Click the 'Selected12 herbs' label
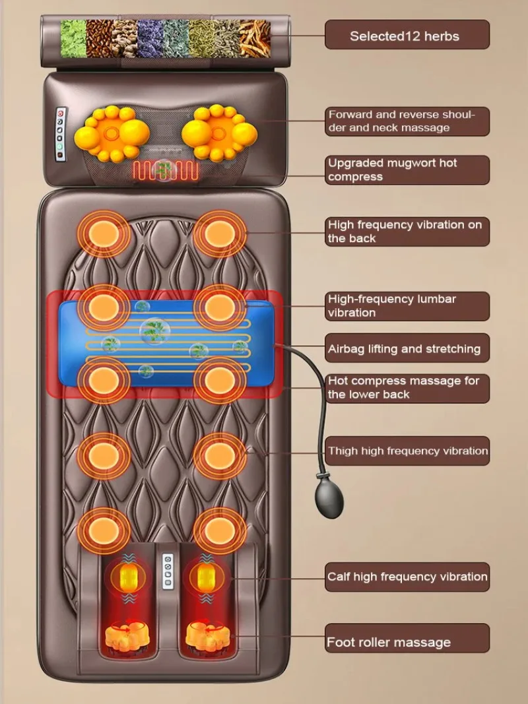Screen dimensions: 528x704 pyautogui.click(x=407, y=35)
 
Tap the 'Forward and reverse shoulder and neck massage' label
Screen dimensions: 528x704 pyautogui.click(x=407, y=121)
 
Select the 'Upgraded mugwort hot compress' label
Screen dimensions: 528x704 pyautogui.click(x=407, y=170)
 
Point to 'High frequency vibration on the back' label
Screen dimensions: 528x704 pyautogui.click(x=407, y=232)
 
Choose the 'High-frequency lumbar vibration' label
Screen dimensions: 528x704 pyautogui.click(x=407, y=306)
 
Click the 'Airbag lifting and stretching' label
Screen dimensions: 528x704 pyautogui.click(x=407, y=348)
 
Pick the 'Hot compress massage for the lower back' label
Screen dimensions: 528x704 pyautogui.click(x=407, y=388)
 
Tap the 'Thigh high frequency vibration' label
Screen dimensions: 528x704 pyautogui.click(x=407, y=451)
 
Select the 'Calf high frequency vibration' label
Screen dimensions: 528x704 pyautogui.click(x=407, y=577)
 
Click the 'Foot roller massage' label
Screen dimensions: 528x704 pyautogui.click(x=407, y=641)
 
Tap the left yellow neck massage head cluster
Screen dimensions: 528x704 pyautogui.click(x=109, y=135)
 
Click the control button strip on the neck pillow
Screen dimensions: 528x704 pyautogui.click(x=61, y=134)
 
